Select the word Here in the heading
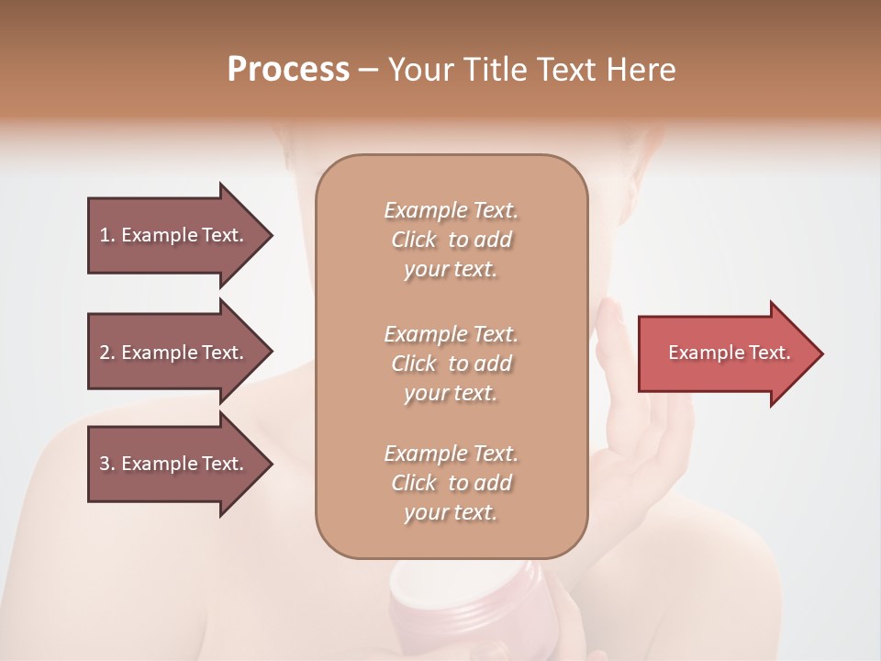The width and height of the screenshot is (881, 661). tap(642, 70)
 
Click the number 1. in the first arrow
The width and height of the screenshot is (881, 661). tap(107, 236)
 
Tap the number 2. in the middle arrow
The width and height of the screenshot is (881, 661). tap(107, 353)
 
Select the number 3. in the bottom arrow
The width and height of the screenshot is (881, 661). tap(107, 465)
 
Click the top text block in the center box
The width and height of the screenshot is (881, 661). tap(451, 240)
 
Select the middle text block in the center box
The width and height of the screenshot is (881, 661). tap(451, 364)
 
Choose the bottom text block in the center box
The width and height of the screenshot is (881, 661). tap(451, 483)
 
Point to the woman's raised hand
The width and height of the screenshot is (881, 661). tap(633, 431)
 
